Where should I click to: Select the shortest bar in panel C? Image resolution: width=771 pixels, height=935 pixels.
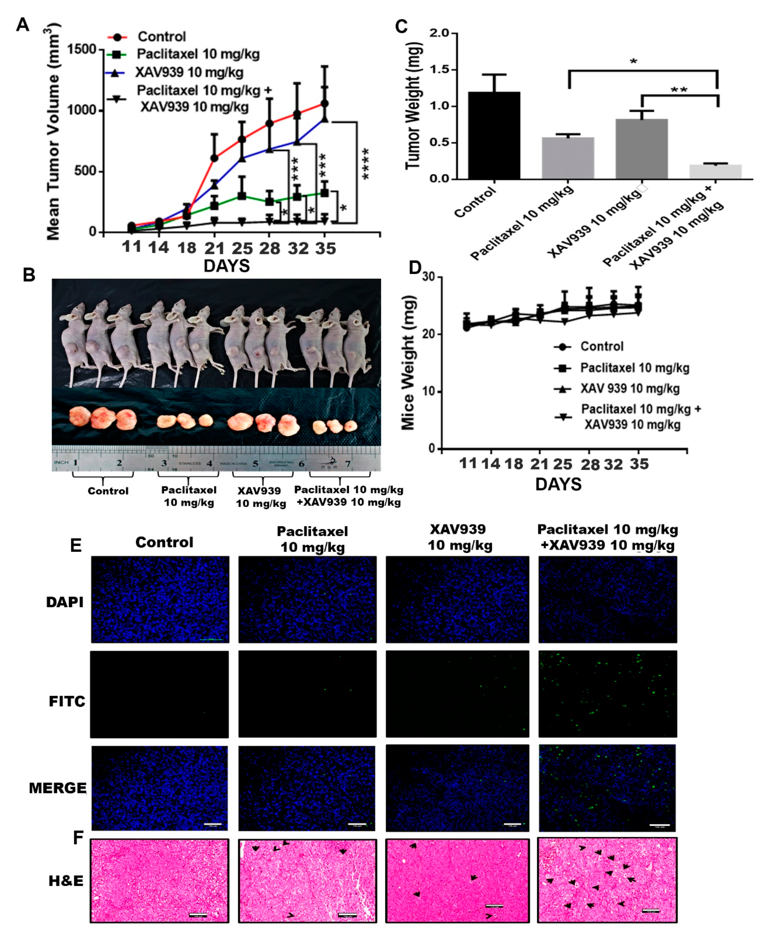715,171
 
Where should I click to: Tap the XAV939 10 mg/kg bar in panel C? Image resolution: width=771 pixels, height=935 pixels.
641,149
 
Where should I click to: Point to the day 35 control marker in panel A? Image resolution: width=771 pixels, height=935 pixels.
325,103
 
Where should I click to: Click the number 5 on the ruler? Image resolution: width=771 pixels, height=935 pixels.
255,463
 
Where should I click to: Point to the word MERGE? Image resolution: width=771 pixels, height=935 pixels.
58,788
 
